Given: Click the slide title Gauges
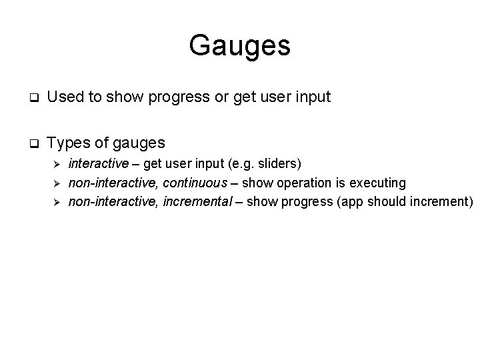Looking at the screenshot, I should coord(239,46).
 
